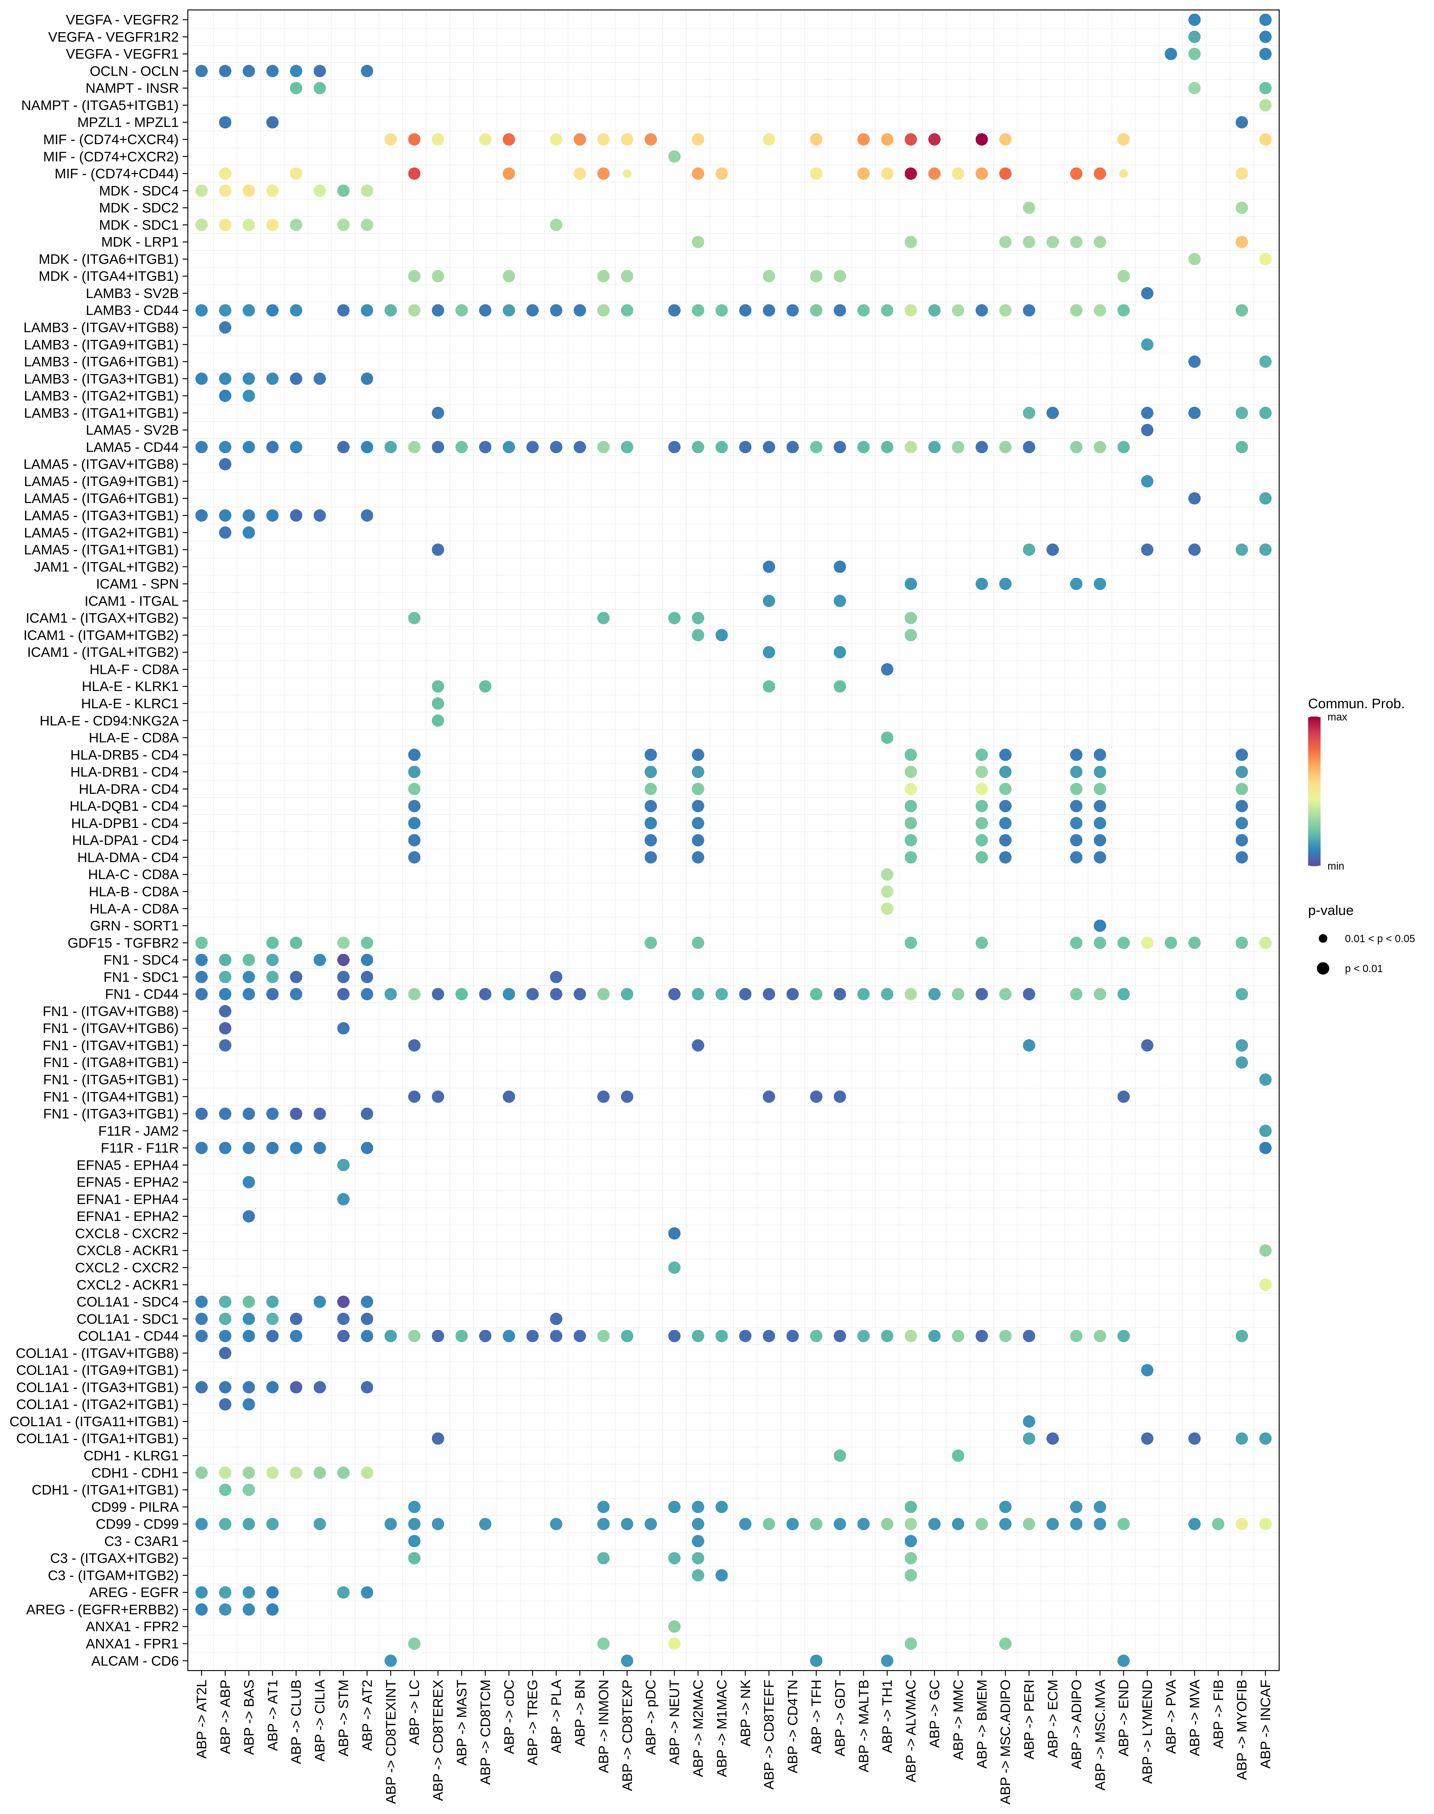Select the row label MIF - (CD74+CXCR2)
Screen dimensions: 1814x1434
coord(111,156)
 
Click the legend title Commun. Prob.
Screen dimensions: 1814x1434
coord(1355,704)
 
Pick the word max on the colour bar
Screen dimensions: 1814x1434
coord(1336,717)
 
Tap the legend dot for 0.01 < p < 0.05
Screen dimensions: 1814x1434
coord(1323,938)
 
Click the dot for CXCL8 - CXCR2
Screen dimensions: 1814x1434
coord(674,1233)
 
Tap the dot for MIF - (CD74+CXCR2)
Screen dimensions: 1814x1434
coord(674,156)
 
